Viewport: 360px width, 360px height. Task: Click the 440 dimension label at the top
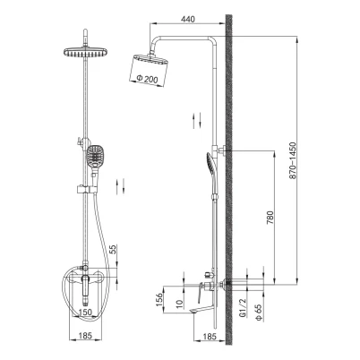[188, 19]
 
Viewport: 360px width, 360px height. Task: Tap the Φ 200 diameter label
[147, 79]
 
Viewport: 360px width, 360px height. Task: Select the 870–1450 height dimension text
[293, 160]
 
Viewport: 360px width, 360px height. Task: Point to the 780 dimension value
[270, 218]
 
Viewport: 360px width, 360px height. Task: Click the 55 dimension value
[114, 250]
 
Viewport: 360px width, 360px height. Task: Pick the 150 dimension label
[85, 313]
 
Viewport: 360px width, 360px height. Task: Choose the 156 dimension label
[159, 299]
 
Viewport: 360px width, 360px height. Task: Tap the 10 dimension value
[179, 303]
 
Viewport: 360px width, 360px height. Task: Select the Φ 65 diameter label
[259, 312]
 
